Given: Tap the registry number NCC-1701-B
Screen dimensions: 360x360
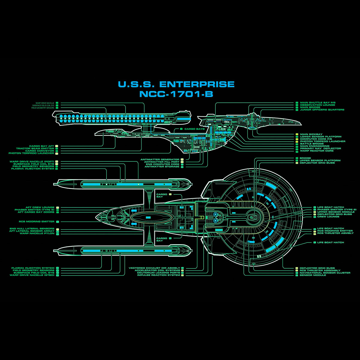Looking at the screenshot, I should tap(176, 94).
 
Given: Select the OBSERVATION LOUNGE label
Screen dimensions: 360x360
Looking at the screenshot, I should tap(317, 105).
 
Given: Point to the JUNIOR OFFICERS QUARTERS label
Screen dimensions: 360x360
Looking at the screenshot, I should tap(322, 110).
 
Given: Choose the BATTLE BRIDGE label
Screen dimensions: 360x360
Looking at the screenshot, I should tap(312, 144).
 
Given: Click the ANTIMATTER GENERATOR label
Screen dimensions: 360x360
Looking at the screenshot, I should tap(160, 160).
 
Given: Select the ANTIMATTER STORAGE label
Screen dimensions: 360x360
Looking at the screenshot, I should tap(162, 167).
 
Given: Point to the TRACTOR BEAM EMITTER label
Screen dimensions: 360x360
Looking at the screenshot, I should tap(35, 148).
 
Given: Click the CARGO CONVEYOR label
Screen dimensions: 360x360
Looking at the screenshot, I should tap(40, 151).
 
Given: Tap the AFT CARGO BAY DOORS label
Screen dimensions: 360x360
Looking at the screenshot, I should tap(36, 212).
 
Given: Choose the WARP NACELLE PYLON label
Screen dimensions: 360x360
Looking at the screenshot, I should tap(37, 233).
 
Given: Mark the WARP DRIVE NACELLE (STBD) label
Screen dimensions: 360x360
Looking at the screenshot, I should tap(32, 275).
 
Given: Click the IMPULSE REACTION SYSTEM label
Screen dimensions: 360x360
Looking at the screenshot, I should tap(159, 275).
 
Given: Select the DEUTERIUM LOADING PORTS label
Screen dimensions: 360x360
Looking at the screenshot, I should tap(159, 273).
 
